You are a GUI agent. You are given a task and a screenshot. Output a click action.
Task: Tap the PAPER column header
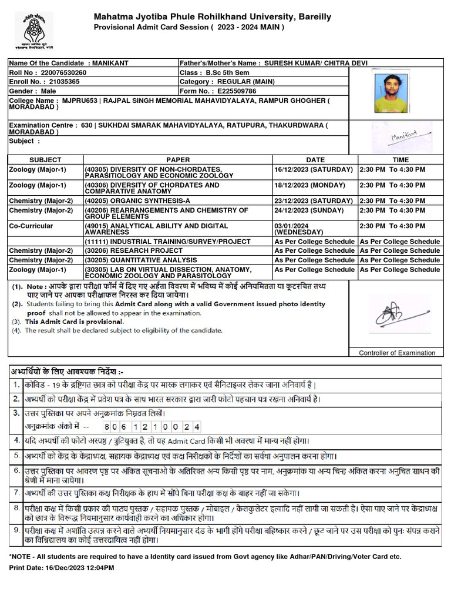[178, 160]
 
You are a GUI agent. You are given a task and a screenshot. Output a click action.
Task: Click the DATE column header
[315, 160]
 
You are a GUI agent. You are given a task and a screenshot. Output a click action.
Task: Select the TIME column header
[400, 160]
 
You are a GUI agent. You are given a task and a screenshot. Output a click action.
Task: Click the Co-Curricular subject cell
[31, 226]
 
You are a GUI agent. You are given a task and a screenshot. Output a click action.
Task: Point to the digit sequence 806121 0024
[152, 426]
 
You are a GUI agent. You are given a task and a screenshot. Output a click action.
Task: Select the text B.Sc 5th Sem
[227, 72]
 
